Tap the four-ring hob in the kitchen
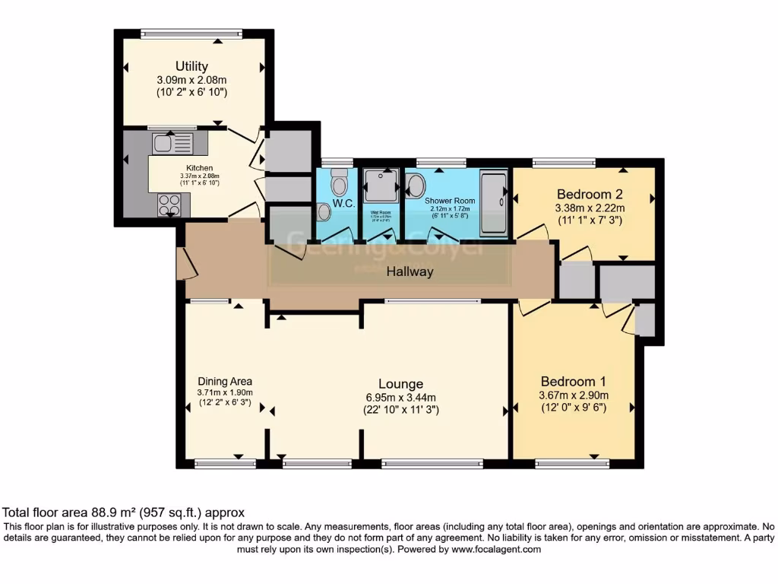point(169,205)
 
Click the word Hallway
point(409,271)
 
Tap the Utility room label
point(191,66)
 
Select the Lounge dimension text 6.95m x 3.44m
point(400,397)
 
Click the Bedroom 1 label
point(574,381)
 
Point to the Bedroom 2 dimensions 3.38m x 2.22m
point(590,208)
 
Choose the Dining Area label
point(224,381)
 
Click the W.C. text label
point(343,204)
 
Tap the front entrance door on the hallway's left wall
point(184,263)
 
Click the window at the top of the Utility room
point(191,33)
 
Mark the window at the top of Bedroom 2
point(564,161)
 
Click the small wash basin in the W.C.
point(324,212)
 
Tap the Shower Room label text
point(450,201)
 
